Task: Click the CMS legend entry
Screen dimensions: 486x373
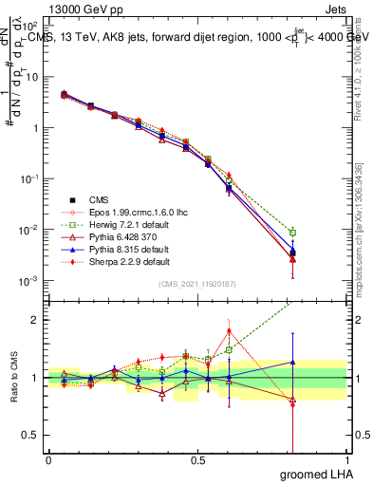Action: click(99, 199)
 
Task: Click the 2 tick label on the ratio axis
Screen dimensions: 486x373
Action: click(35, 320)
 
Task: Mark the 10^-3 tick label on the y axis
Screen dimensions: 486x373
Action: click(28, 281)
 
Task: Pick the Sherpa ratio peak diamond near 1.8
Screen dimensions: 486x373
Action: click(229, 331)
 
